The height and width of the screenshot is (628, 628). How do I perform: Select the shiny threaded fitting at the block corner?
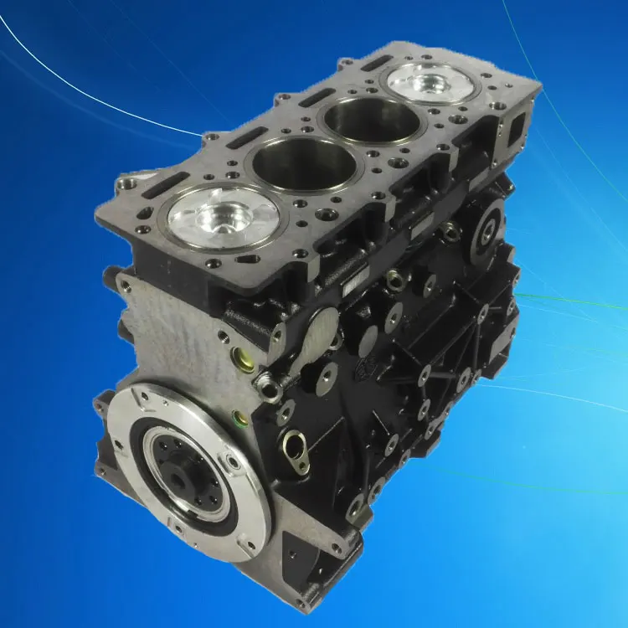click(265, 384)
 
